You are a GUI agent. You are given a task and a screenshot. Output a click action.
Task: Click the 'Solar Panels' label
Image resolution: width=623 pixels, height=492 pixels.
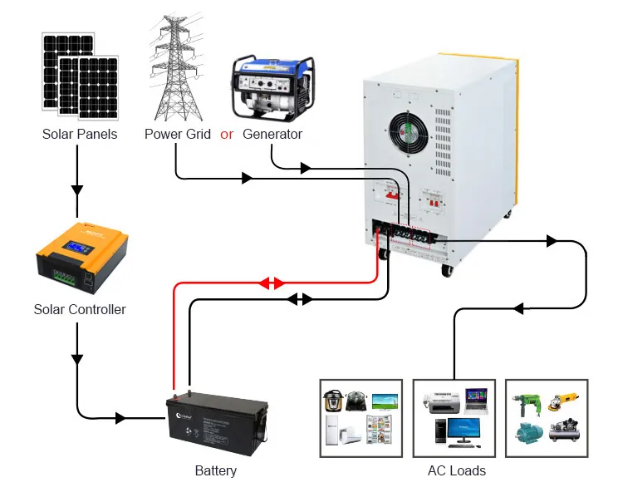(80, 134)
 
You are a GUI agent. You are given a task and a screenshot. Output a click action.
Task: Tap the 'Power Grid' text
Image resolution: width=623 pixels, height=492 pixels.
(178, 134)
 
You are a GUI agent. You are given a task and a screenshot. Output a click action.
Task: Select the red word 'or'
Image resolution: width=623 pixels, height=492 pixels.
(227, 134)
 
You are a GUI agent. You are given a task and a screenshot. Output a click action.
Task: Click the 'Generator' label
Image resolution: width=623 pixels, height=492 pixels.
(272, 134)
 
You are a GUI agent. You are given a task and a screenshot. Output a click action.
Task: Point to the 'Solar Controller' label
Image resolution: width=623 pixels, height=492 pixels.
(80, 309)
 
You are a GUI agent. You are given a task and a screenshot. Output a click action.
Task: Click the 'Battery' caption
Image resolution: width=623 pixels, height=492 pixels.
(216, 470)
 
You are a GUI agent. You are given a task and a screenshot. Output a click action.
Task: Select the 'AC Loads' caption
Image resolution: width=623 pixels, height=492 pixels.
(456, 470)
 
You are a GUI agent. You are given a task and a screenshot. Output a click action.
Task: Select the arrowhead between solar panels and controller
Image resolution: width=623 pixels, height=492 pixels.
(77, 189)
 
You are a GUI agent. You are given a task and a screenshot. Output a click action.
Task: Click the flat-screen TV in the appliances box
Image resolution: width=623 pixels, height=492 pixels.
(385, 401)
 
